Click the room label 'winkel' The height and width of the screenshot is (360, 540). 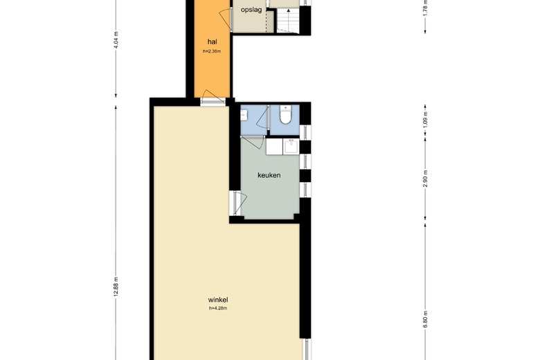(x=218, y=300)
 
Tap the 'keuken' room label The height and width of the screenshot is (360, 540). (x=269, y=175)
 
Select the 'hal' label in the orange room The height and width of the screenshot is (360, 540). (x=212, y=42)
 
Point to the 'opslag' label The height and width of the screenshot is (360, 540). (x=251, y=10)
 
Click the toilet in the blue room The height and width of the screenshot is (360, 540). (x=285, y=115)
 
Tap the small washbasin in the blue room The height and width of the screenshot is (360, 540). (x=244, y=115)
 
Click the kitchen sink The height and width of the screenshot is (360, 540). (x=291, y=146)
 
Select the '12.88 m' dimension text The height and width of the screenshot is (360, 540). (x=116, y=287)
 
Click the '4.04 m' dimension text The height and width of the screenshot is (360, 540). (x=116, y=40)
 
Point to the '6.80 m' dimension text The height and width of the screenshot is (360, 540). (x=425, y=319)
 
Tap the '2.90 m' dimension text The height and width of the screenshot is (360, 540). (x=425, y=179)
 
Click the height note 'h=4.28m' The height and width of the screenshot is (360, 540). (x=218, y=308)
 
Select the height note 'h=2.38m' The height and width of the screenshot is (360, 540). (x=212, y=51)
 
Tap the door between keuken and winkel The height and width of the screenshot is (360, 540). (x=239, y=204)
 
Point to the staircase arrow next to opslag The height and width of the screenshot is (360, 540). (x=288, y=19)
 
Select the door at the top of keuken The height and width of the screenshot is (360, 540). (x=253, y=142)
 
